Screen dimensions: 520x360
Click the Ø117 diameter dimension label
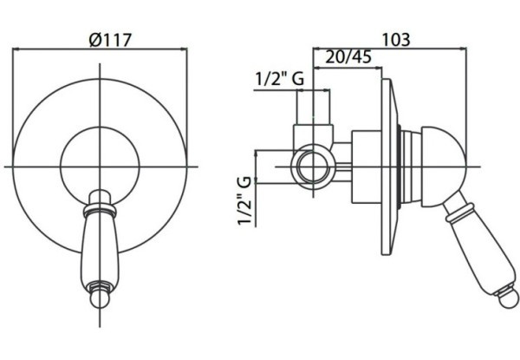click(110, 40)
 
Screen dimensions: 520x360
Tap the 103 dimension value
click(396, 40)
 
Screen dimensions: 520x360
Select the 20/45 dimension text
click(348, 57)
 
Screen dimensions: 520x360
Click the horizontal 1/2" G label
click(279, 79)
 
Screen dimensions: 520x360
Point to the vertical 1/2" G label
click(245, 200)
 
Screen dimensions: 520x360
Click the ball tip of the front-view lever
click(100, 298)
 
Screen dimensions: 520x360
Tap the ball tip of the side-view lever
click(508, 298)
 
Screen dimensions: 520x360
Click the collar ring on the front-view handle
click(100, 210)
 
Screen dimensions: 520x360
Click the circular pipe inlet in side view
click(313, 167)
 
